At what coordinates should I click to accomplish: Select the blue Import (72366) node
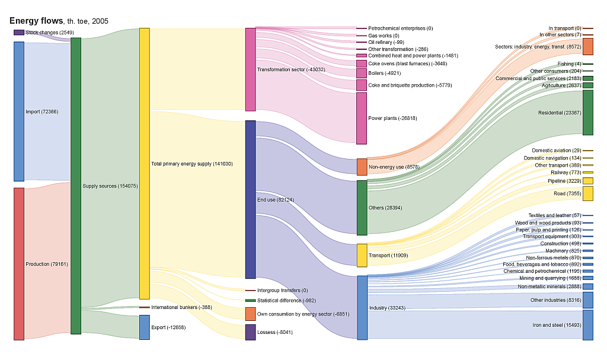point(19,111)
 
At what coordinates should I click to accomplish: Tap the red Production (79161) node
point(19,264)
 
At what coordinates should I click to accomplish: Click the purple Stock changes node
point(19,33)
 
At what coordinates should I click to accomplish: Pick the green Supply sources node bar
point(76,186)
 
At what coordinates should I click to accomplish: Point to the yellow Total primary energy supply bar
point(145,163)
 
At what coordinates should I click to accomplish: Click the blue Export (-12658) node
point(145,327)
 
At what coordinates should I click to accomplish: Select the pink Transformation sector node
point(250,69)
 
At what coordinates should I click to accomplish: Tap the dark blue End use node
point(250,199)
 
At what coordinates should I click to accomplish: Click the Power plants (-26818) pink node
point(362,118)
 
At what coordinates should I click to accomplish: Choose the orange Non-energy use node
point(362,167)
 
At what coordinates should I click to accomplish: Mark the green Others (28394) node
point(362,208)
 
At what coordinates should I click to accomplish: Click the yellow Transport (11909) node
point(362,255)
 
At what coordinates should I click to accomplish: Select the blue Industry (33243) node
point(362,307)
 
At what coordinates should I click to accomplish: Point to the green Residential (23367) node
point(588,113)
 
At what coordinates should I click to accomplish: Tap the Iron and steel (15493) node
point(588,325)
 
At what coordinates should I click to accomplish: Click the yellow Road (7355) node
point(588,193)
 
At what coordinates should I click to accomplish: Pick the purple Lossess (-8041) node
point(250,332)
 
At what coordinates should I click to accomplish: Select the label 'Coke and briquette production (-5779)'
point(410,85)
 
